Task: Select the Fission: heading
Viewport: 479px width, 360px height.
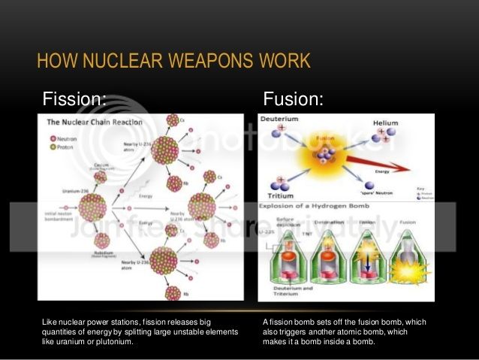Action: coord(74,98)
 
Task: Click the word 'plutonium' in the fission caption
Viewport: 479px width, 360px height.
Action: coord(113,341)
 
